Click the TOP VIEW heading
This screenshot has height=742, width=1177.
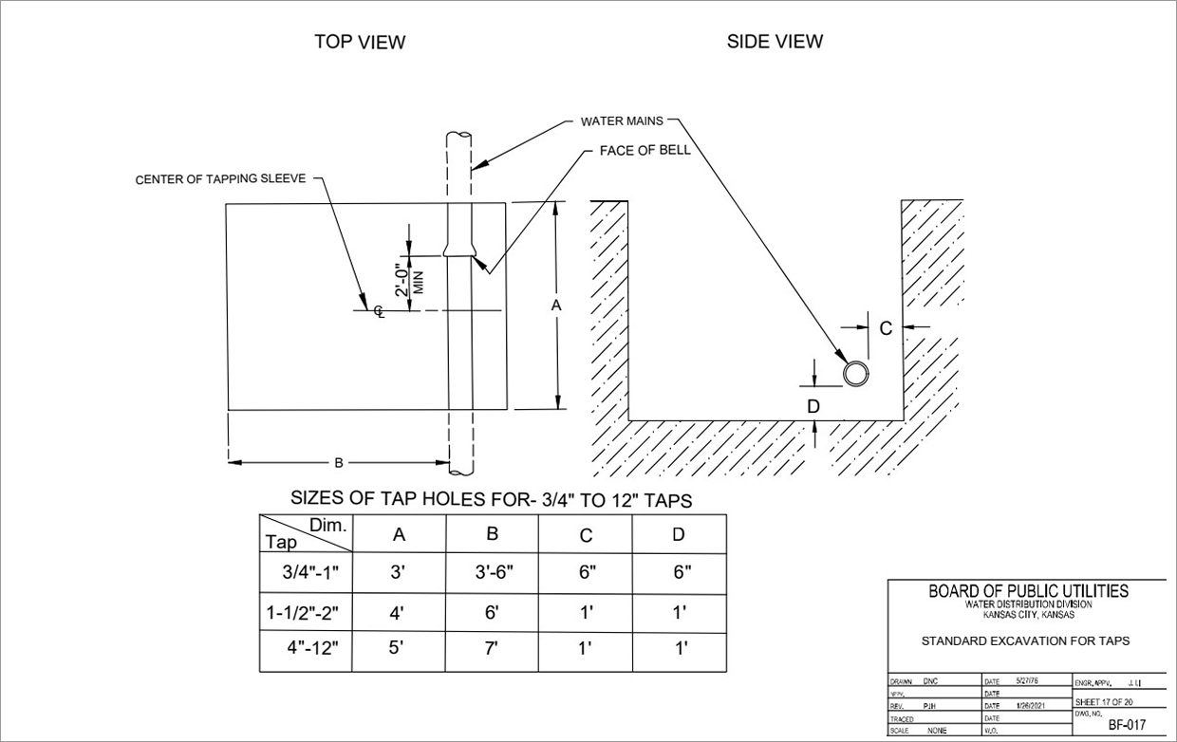point(360,42)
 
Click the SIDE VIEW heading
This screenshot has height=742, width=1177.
point(775,42)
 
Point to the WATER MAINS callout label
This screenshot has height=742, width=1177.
point(622,121)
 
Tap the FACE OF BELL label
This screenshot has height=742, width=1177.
point(645,151)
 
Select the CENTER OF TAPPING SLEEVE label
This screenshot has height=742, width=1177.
point(220,179)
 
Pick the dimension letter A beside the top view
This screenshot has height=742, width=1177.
point(556,306)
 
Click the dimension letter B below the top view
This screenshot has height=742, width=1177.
point(338,463)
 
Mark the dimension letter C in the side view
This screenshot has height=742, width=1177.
point(885,328)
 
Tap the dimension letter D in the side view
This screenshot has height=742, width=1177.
point(813,406)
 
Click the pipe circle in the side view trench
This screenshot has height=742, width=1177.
point(856,373)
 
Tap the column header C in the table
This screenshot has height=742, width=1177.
point(586,535)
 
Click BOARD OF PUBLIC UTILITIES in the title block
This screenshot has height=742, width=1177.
point(1028,591)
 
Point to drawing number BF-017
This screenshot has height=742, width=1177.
point(1128,725)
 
